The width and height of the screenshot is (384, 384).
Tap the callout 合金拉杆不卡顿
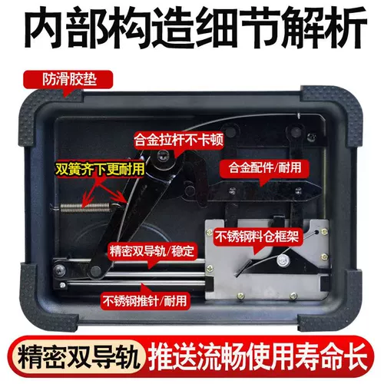[178, 140]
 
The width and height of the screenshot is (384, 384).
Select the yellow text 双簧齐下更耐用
[100, 169]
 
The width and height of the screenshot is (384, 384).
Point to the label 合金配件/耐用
[265, 167]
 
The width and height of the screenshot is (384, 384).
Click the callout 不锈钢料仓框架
[257, 236]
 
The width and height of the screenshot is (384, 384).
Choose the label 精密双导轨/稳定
[152, 251]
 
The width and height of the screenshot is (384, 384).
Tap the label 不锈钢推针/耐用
[145, 300]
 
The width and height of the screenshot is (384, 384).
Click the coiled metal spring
[85, 207]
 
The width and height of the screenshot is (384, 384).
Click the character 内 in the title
[44, 28]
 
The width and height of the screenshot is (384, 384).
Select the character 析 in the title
[344, 28]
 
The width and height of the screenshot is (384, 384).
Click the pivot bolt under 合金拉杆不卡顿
[163, 154]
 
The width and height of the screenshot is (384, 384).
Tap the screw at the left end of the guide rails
[59, 270]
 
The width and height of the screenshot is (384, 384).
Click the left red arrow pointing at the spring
[91, 191]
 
